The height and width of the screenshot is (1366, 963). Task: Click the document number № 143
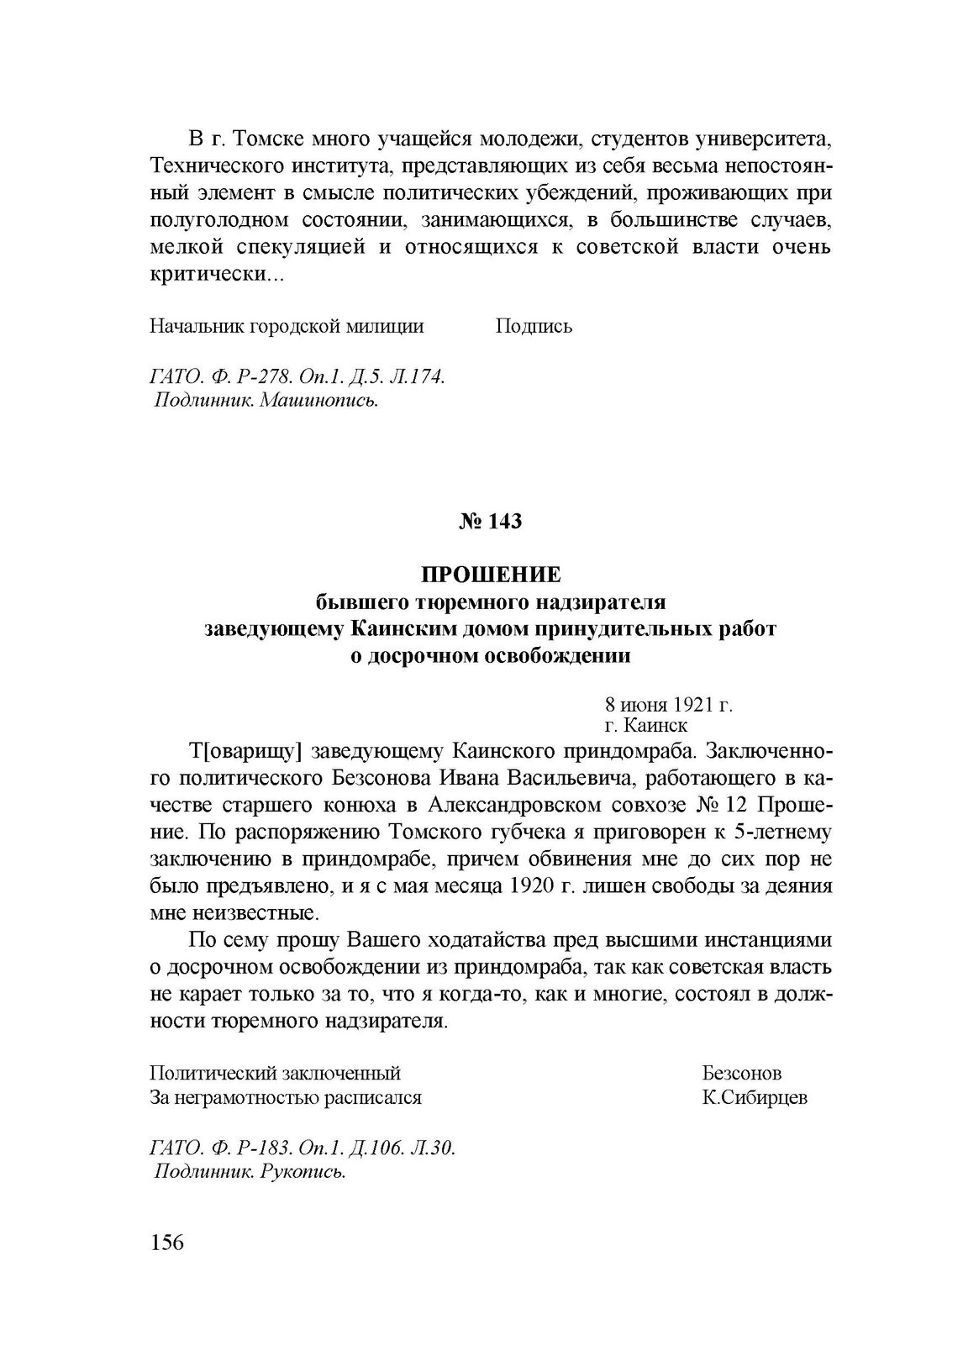coord(490,522)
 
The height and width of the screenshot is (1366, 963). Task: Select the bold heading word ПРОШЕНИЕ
coord(490,575)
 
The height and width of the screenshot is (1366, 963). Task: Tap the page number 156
coord(166,1265)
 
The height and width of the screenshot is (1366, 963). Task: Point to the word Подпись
coord(534,327)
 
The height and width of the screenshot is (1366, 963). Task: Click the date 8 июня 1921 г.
coord(668,704)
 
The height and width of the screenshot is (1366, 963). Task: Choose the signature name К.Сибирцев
coord(755,1097)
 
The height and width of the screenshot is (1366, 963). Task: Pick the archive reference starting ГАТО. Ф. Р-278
coord(297,377)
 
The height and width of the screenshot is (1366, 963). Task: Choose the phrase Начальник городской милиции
coord(286,327)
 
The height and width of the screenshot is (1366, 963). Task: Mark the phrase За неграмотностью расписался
coord(285,1097)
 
